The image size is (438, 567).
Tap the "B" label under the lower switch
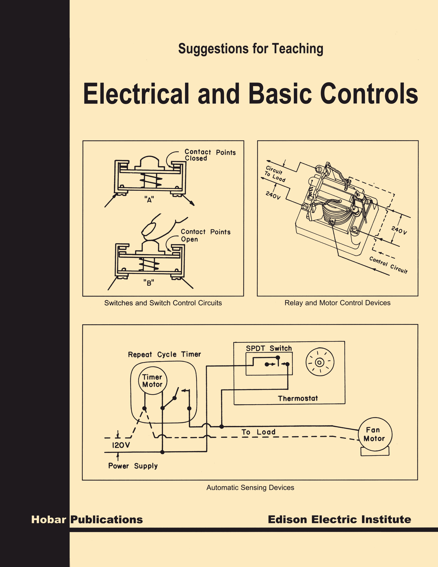(x=149, y=283)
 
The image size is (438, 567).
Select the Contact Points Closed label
(x=210, y=155)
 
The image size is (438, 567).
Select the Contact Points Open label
(x=205, y=235)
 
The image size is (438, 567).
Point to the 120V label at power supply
(x=121, y=445)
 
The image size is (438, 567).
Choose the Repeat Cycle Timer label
(x=164, y=354)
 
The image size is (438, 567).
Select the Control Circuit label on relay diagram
(x=388, y=265)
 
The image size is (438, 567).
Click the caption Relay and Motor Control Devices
(x=337, y=303)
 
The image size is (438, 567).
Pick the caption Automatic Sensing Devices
(x=250, y=488)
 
